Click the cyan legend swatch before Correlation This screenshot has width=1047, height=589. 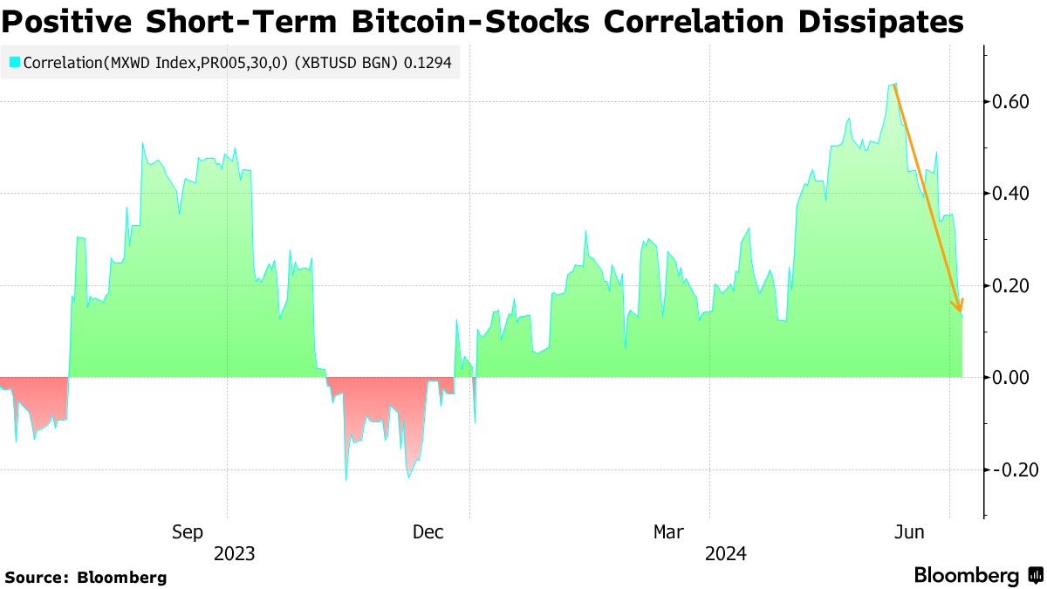coord(15,63)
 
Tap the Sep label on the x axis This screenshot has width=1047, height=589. coord(188,531)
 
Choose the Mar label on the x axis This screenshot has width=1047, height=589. coord(670,531)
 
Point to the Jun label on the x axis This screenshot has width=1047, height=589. coord(911,531)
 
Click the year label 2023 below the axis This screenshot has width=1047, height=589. coord(234,553)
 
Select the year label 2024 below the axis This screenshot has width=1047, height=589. coord(726,553)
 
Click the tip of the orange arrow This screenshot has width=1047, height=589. coord(961,311)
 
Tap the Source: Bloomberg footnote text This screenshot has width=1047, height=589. coord(86,577)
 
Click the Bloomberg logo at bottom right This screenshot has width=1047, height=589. coord(977,575)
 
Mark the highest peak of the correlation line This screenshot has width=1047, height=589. coord(894,85)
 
